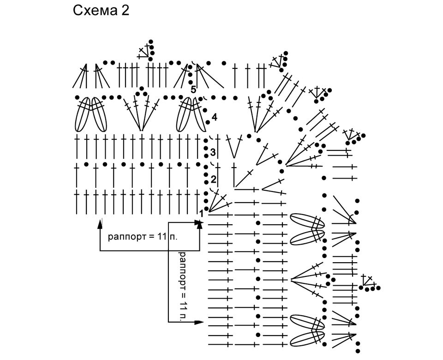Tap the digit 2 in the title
pos(126,11)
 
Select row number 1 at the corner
pos(201,214)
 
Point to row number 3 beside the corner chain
pos(213,152)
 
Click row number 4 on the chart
pos(215,117)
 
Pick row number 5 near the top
pos(193,90)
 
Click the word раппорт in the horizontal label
pos(127,237)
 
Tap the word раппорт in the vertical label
pos(183,271)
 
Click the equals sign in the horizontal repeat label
pos(152,236)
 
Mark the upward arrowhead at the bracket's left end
pos(100,224)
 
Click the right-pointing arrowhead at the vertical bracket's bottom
pos(199,322)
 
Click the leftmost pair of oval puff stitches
pos(91,114)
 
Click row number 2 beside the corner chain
pos(213,179)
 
